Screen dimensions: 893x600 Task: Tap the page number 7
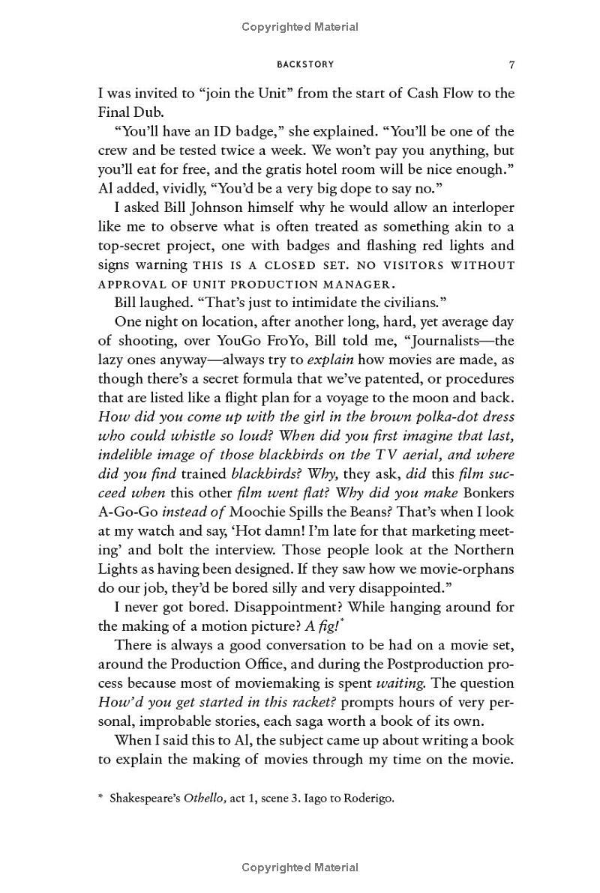click(511, 64)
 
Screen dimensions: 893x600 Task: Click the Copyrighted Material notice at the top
click(300, 27)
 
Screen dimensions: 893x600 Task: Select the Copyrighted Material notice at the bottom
click(300, 868)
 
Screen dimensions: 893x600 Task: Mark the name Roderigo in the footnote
click(368, 798)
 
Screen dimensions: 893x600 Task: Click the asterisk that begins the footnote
click(100, 797)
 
